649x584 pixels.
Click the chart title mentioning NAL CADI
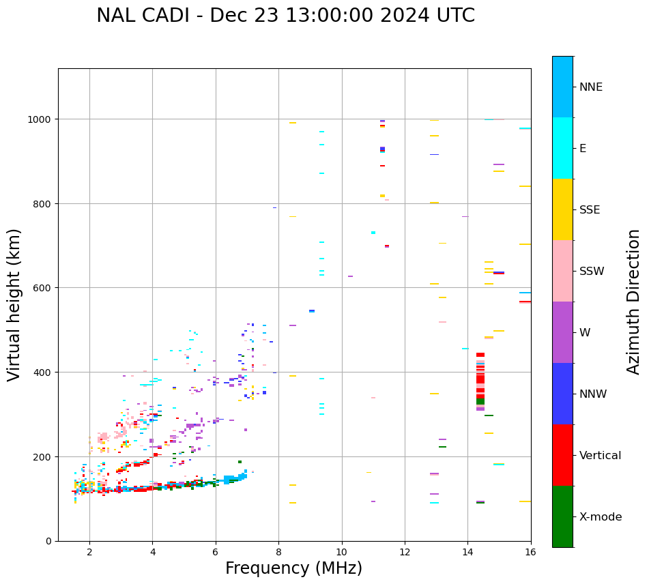[285, 16]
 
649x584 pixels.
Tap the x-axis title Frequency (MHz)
[293, 568]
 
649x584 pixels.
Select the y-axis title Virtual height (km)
[14, 304]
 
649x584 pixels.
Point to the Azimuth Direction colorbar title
[633, 302]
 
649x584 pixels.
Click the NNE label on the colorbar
[591, 87]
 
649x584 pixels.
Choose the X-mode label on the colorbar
[601, 517]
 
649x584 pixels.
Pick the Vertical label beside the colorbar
[601, 456]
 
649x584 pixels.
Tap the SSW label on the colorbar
[592, 272]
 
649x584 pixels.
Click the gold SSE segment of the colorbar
[562, 209]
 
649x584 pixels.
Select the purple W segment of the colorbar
[562, 332]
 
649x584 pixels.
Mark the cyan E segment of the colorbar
[562, 148]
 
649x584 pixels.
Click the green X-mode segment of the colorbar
[562, 516]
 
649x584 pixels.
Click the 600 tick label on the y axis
[44, 288]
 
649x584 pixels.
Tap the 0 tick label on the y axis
[48, 541]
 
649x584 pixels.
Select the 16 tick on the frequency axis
[531, 553]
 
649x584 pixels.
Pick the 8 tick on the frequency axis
[278, 553]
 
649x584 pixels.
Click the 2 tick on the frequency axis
[89, 553]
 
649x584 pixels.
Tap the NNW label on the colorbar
[594, 394]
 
